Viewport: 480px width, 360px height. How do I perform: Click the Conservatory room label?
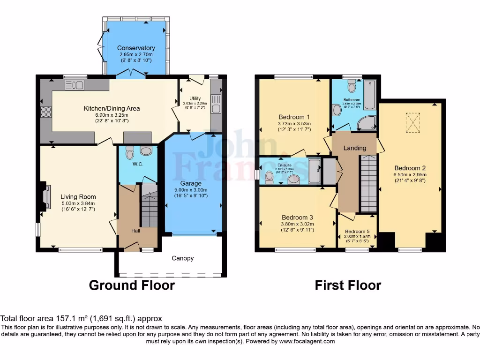136,48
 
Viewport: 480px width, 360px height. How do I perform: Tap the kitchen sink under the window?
75,85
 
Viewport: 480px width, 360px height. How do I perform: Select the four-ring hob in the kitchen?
46,112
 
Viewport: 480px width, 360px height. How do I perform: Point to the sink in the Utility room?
216,104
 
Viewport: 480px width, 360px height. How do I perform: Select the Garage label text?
191,183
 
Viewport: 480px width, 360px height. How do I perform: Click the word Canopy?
182,258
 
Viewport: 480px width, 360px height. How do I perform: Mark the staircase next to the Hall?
149,209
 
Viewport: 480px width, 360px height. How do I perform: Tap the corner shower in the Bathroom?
367,123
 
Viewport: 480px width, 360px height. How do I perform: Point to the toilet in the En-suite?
270,177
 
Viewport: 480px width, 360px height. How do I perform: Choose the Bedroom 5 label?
357,232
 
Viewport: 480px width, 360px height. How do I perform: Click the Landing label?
355,148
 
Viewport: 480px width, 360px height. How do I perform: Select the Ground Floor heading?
132,285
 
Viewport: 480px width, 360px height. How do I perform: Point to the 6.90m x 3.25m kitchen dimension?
112,115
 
